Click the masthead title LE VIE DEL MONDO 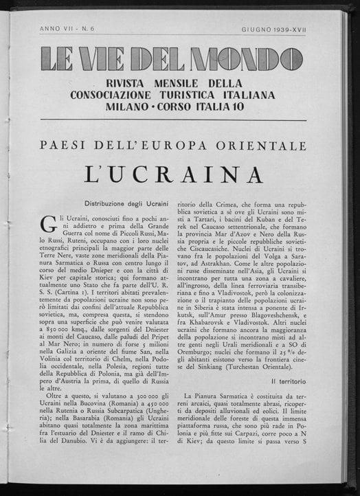coord(171,60)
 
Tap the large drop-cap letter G coord(49,224)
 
